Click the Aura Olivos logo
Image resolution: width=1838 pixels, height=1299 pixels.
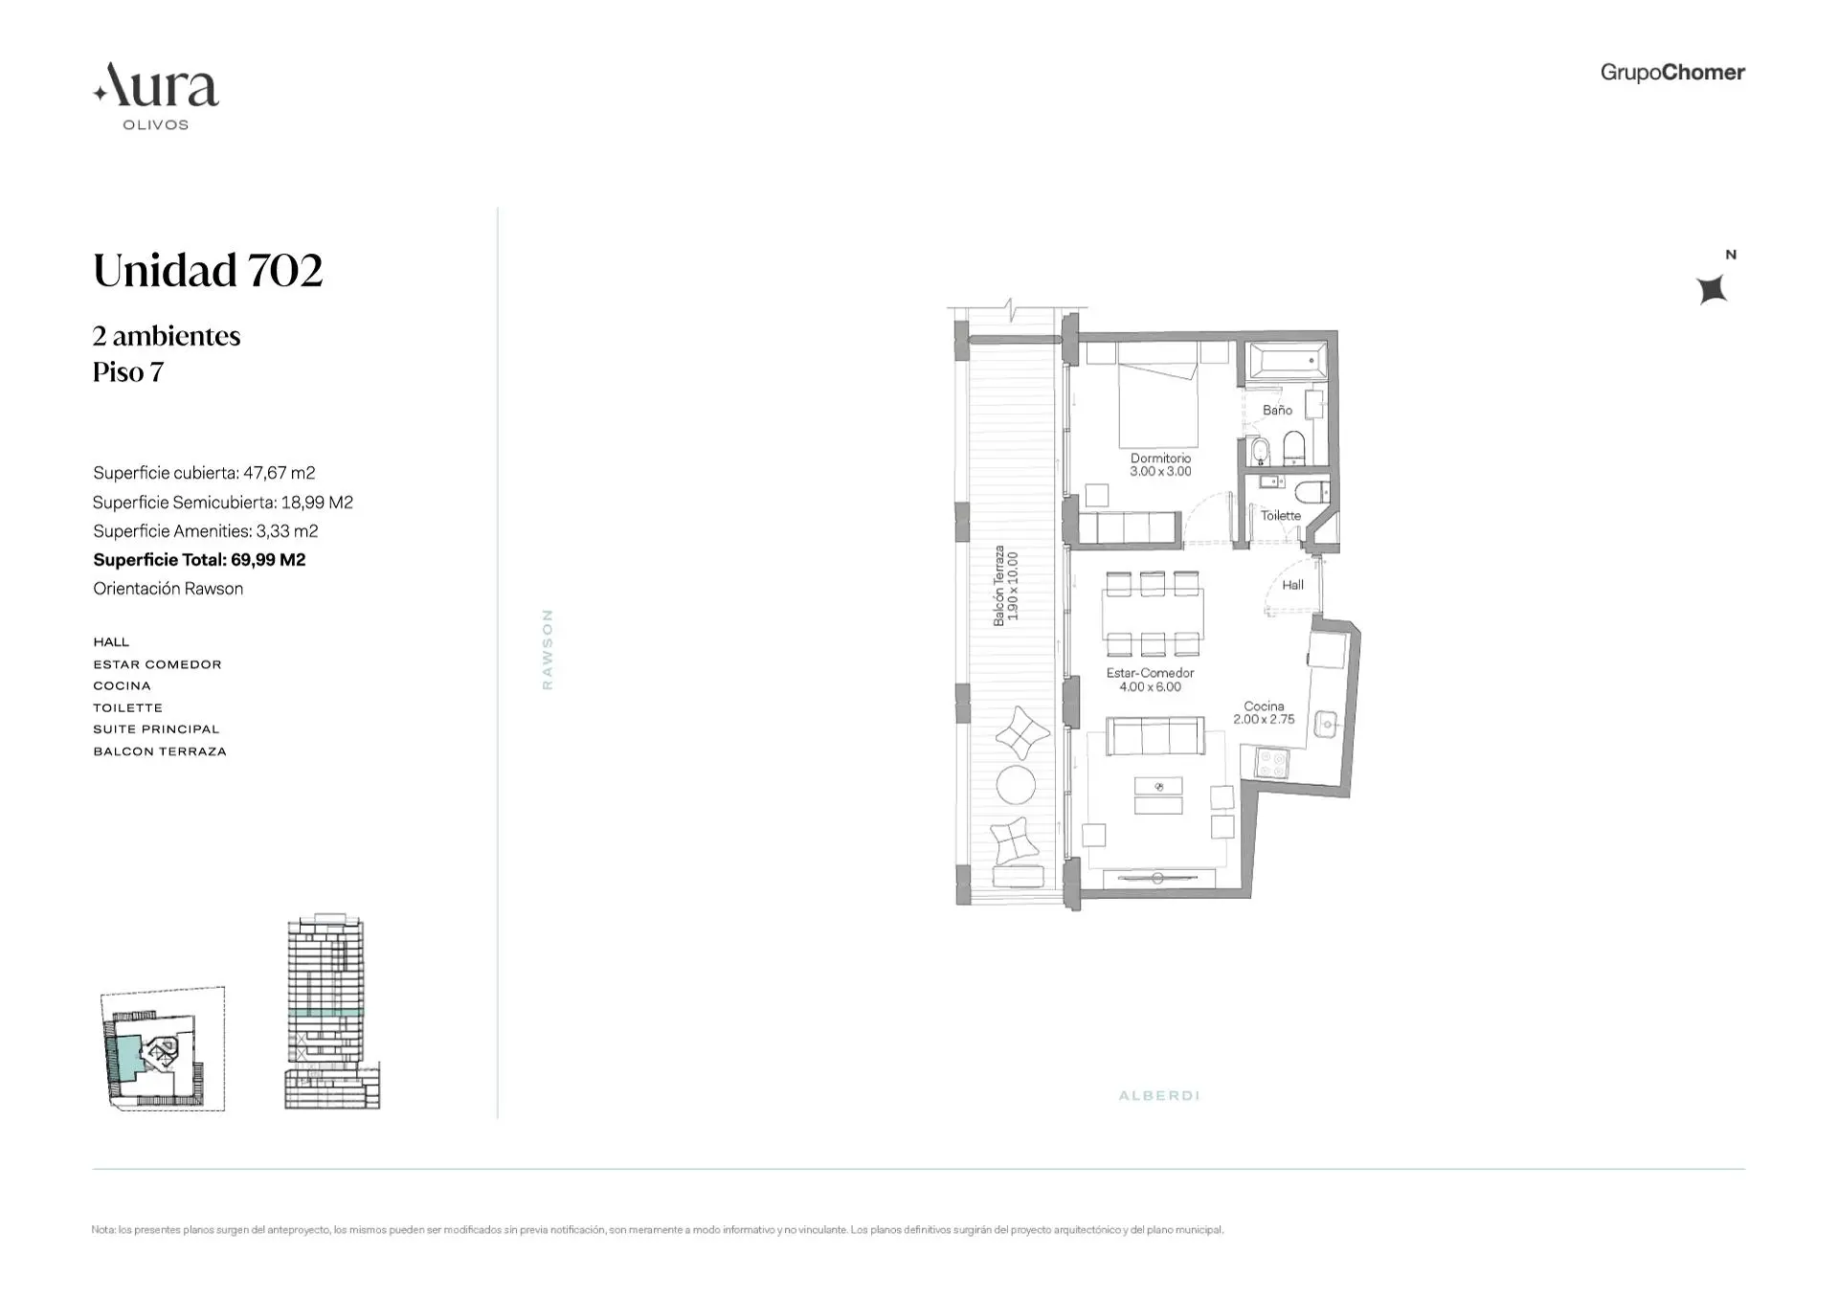point(156,96)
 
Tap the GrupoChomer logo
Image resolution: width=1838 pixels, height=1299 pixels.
point(1672,73)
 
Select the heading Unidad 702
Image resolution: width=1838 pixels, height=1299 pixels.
point(208,270)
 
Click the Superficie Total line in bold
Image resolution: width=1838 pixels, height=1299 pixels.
point(199,560)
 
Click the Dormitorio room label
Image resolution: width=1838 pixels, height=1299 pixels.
point(1160,464)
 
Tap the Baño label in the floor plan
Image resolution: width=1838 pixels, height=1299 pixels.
point(1277,410)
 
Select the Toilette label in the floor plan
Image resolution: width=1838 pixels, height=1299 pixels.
point(1281,515)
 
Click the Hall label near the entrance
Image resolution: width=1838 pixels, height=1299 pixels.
point(1292,585)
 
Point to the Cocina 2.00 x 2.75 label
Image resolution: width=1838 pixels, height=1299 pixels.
point(1264,713)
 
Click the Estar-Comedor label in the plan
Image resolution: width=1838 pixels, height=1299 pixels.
point(1150,680)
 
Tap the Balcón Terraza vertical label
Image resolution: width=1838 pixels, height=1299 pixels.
point(1005,586)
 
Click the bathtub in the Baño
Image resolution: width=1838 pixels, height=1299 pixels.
point(1287,362)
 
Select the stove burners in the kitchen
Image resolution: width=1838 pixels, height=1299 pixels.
point(1272,763)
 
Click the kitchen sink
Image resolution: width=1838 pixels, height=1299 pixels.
point(1326,724)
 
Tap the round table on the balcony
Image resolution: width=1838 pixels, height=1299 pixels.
point(1016,785)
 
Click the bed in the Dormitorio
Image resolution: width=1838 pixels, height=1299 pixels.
point(1158,406)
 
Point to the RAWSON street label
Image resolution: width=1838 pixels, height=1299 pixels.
point(548,649)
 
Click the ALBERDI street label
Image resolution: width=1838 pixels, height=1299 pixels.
point(1159,1095)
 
